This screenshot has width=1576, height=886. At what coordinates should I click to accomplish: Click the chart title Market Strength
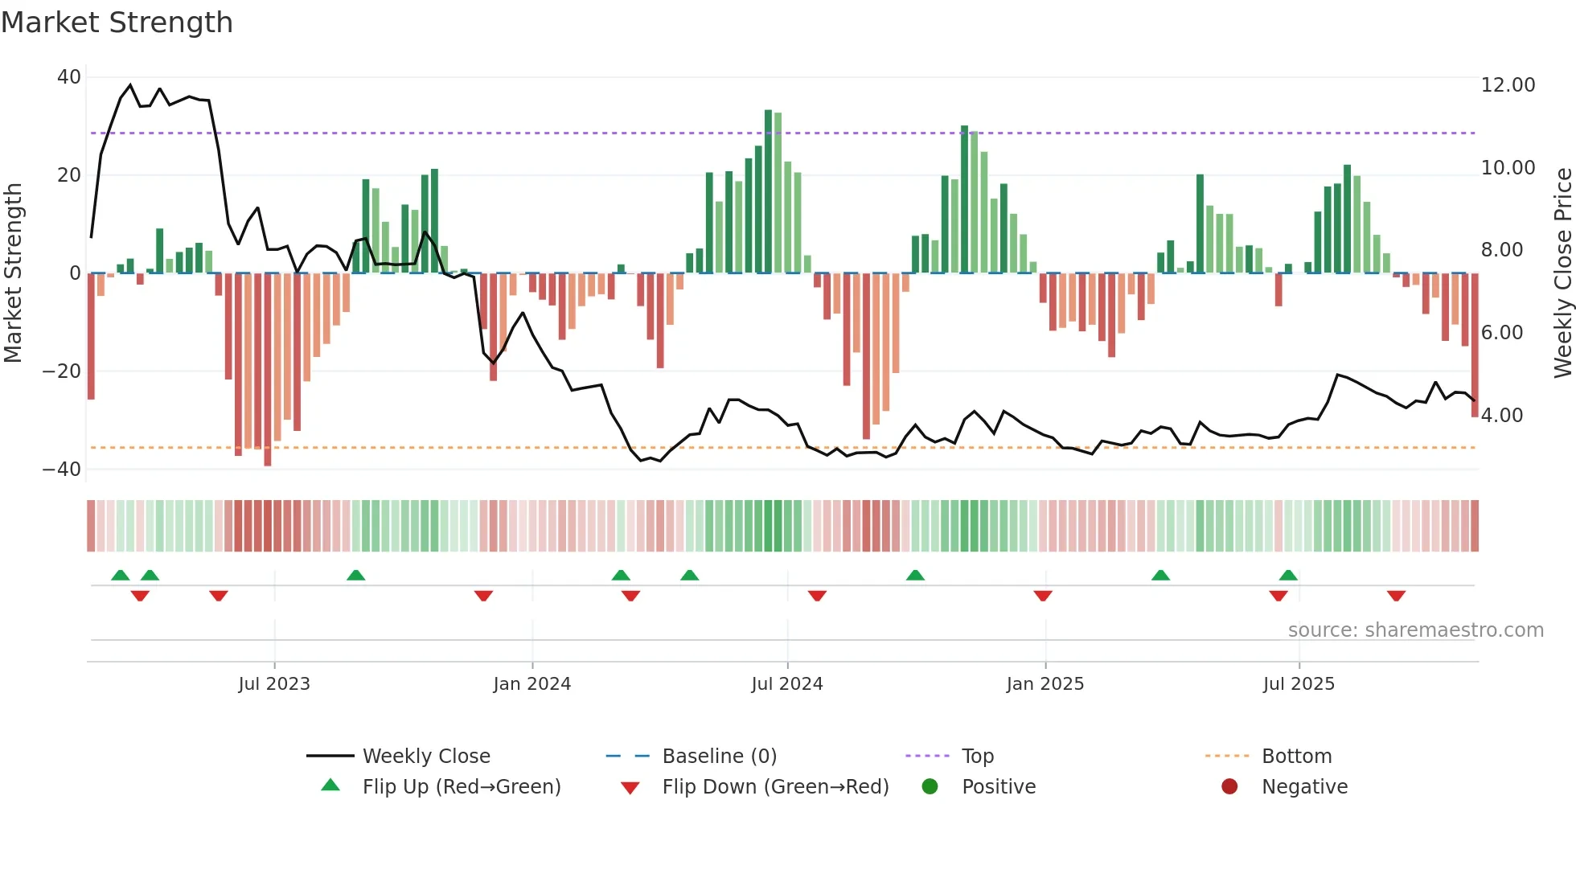pos(117,23)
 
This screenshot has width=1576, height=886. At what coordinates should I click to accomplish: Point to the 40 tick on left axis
pos(69,77)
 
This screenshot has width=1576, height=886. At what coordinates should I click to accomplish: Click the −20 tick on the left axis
pos(62,371)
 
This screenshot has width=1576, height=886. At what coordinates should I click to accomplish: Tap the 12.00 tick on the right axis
pos(1508,85)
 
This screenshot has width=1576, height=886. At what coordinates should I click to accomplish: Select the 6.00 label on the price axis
pos(1501,333)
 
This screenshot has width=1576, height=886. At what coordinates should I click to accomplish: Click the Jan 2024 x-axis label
pos(531,684)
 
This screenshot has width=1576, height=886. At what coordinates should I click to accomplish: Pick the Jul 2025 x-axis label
pos(1298,684)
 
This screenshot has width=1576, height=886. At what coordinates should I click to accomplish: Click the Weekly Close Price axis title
pos(1562,273)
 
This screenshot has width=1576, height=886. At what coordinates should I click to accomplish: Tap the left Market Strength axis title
pos(14,273)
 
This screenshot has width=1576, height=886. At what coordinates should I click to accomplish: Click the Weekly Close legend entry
pos(425,757)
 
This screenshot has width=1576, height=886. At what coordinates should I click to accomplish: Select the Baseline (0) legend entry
pos(719,757)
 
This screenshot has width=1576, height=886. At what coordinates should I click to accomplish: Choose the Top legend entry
pos(977,757)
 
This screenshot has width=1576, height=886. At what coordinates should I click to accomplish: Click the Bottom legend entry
pos(1296,757)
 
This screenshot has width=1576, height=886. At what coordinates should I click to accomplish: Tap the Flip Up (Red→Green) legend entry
pos(461,787)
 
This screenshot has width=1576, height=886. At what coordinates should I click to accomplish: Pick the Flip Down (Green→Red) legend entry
pos(774,787)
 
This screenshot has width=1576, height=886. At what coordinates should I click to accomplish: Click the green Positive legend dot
pos(930,787)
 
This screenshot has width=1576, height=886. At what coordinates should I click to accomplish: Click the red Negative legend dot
pos(1229,787)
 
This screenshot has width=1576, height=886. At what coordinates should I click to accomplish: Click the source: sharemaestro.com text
pos(1415,630)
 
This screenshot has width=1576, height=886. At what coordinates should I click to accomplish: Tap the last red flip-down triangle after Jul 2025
pos(1396,596)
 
